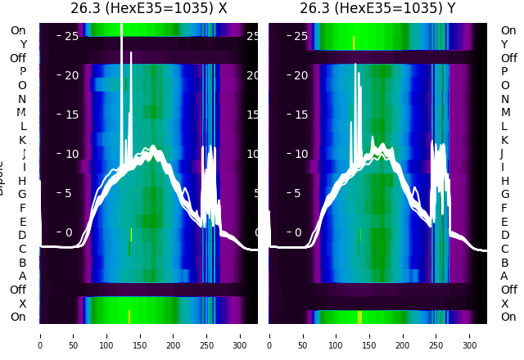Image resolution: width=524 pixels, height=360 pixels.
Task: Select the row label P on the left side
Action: pos(23,71)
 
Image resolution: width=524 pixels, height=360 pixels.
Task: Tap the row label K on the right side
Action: pos(504,140)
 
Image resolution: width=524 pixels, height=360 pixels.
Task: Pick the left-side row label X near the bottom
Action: pos(23,304)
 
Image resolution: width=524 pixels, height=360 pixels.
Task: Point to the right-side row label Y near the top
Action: pos(504,44)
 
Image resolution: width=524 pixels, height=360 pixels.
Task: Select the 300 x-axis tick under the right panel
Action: pos(470,335)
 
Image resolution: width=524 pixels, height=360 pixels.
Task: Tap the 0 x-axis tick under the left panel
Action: pos(40,335)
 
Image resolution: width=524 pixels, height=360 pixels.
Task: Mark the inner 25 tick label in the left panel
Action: pos(71,36)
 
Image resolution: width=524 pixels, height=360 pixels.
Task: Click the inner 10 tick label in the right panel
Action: pos(300,154)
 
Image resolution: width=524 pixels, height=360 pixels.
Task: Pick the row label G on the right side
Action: pos(504,194)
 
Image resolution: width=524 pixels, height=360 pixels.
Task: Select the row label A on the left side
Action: pos(23,276)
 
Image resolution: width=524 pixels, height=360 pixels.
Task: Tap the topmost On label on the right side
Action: pos(508,30)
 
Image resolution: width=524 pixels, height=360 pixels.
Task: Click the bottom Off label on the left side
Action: pos(18,290)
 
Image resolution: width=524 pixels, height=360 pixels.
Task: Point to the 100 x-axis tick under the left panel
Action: pos(106,335)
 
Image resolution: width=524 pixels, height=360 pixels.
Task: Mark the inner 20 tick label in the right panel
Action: pos(300,75)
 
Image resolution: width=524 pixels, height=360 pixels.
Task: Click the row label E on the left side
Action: pos(23,222)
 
